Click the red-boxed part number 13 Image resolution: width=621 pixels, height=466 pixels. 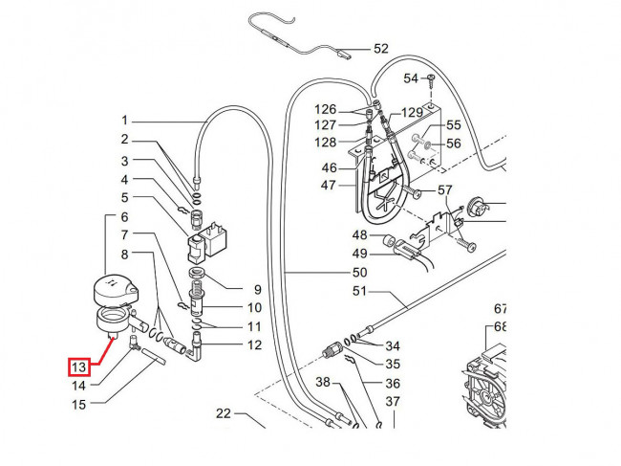pos(78,367)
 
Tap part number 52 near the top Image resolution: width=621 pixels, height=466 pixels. pos(381,49)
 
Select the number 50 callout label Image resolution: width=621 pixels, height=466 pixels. pos(359,273)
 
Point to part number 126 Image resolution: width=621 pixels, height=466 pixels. pos(325,109)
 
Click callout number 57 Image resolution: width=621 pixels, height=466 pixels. pos(445,190)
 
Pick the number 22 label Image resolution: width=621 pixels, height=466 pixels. pos(224,413)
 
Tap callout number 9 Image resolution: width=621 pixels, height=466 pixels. pos(257,290)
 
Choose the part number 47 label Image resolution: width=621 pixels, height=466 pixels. pos(329,186)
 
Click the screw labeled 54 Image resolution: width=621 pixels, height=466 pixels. pos(431,82)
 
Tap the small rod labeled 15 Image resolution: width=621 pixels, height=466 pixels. pos(153,355)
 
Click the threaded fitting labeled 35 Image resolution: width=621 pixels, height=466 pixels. pos(331,350)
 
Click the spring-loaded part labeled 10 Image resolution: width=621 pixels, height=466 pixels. pos(195,300)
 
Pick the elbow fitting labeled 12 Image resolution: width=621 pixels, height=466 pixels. pos(195,347)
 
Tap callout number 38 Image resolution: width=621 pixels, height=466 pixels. pos(323,382)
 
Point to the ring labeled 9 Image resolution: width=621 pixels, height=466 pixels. pos(196,273)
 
